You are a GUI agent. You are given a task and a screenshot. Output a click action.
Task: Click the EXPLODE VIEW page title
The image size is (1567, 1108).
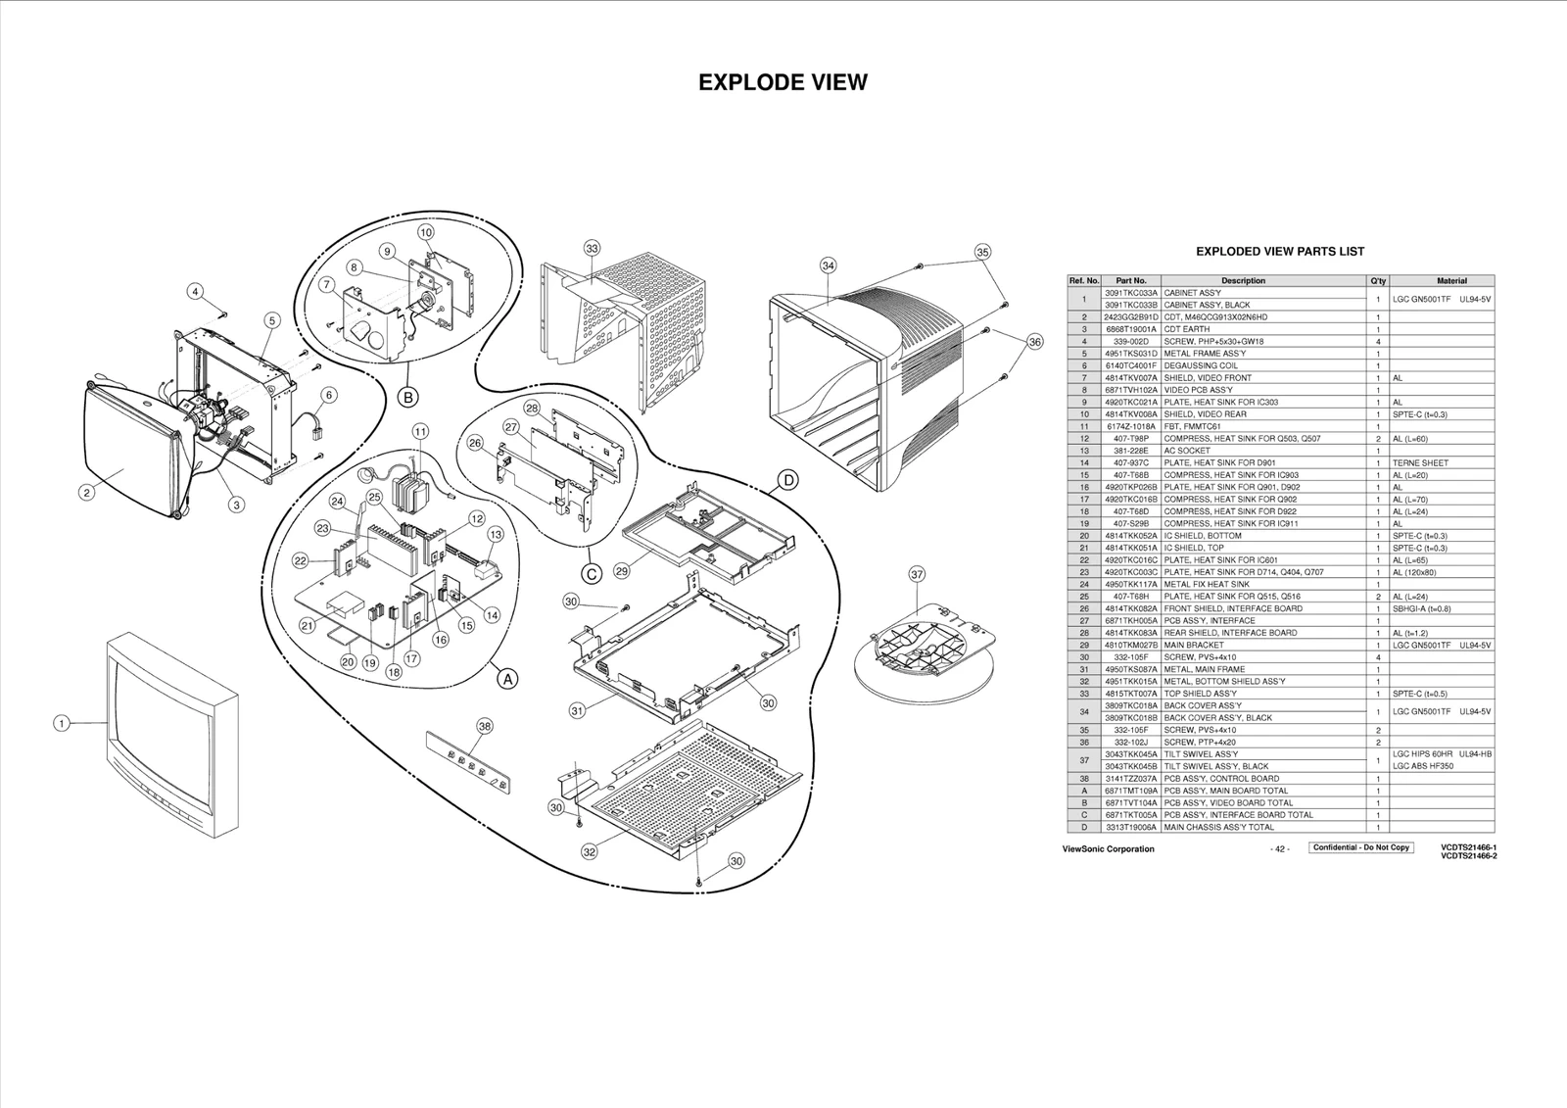(783, 82)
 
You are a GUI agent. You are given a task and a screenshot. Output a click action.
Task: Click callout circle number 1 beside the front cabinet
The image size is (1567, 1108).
(61, 724)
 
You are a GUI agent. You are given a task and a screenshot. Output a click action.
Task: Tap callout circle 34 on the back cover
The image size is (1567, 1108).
(829, 265)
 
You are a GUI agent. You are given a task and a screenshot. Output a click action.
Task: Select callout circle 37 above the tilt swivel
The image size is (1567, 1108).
(917, 575)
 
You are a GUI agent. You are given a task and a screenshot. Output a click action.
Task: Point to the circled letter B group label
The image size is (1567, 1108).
(408, 397)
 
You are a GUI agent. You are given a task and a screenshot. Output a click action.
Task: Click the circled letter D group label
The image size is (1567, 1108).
(787, 480)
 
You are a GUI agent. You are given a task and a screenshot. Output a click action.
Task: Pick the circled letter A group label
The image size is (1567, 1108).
(506, 678)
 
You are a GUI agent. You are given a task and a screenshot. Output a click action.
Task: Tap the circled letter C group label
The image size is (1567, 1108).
(592, 573)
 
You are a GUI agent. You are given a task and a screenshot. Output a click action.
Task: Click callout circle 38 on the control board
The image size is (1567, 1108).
(484, 726)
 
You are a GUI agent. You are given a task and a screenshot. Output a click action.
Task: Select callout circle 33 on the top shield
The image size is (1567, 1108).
(592, 249)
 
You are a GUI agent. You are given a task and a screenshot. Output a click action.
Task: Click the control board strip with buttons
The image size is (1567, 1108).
(474, 762)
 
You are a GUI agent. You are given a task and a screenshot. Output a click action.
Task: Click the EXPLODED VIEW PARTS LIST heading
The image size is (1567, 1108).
(1280, 252)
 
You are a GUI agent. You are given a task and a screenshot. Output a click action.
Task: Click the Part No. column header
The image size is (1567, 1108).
(1131, 281)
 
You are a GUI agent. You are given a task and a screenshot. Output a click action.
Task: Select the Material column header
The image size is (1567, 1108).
(1450, 281)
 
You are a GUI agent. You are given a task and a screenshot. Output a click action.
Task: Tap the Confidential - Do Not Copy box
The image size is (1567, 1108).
(1361, 847)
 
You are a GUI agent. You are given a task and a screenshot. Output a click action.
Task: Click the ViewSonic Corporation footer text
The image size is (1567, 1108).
(1108, 849)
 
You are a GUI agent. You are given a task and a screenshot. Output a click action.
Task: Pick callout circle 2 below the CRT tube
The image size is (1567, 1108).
(87, 493)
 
